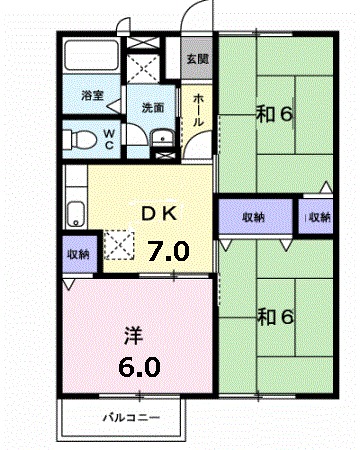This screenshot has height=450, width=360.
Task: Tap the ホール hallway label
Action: pyautogui.click(x=197, y=111)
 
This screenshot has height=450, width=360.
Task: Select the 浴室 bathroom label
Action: pyautogui.click(x=92, y=97)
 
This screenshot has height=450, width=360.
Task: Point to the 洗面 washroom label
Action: pyautogui.click(x=152, y=106)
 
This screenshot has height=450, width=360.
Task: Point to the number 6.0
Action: pyautogui.click(x=138, y=366)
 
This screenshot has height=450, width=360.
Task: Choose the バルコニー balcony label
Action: pyautogui.click(x=130, y=416)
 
